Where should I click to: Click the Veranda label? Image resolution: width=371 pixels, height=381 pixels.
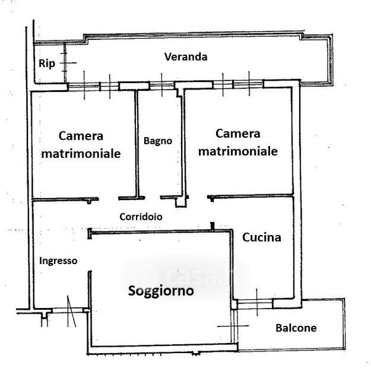pyautogui.click(x=186, y=57)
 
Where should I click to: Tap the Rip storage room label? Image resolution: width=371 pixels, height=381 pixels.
pyautogui.click(x=47, y=63)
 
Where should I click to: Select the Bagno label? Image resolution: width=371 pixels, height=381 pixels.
pyautogui.click(x=158, y=141)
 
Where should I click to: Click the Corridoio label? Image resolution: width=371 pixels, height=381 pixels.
pyautogui.click(x=141, y=217)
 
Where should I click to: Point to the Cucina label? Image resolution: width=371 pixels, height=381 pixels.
pyautogui.click(x=262, y=237)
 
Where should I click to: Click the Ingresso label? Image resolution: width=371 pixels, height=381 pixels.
pyautogui.click(x=58, y=261)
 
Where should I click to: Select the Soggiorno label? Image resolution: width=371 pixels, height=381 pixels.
pyautogui.click(x=161, y=291)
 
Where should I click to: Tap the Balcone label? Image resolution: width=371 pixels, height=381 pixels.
pyautogui.click(x=296, y=328)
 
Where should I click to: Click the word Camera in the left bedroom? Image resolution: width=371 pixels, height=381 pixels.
pyautogui.click(x=81, y=136)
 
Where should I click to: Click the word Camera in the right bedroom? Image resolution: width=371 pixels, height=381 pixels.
pyautogui.click(x=238, y=133)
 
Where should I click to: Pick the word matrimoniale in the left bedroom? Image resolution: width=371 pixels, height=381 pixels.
pyautogui.click(x=81, y=154)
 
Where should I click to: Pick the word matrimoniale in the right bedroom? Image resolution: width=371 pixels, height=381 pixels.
pyautogui.click(x=238, y=151)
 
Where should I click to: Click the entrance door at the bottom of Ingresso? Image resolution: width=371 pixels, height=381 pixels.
pyautogui.click(x=68, y=311)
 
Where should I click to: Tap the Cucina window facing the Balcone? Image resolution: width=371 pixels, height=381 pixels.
pyautogui.click(x=255, y=304)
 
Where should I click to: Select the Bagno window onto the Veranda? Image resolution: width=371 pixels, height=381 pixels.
pyautogui.click(x=161, y=85)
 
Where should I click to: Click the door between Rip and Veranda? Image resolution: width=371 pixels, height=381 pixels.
pyautogui.click(x=65, y=63)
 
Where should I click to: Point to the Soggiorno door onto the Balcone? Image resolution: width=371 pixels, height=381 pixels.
pyautogui.click(x=234, y=326)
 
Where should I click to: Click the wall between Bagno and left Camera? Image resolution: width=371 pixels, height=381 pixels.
pyautogui.click(x=137, y=144)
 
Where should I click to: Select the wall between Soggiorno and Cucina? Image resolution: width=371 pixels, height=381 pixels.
pyautogui.click(x=232, y=264)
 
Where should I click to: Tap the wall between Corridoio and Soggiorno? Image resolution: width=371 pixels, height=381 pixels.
pyautogui.click(x=161, y=232)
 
